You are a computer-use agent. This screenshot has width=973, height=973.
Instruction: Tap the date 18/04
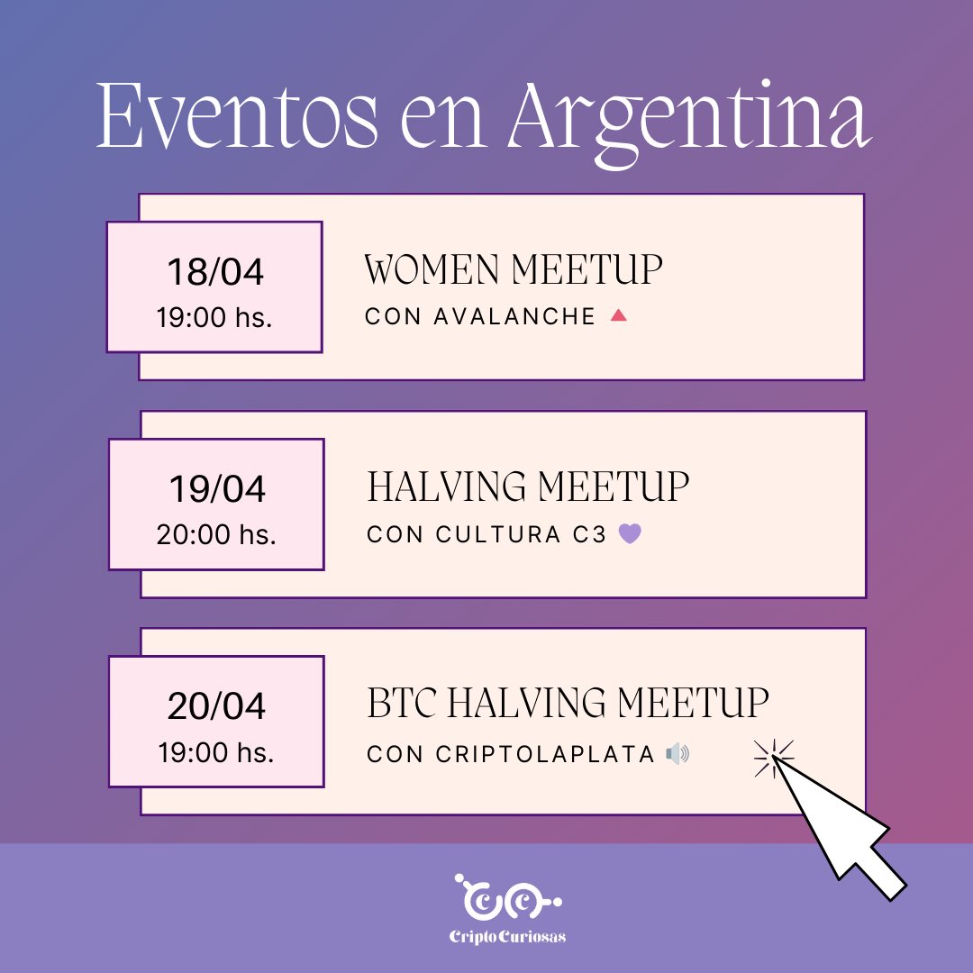click(216, 273)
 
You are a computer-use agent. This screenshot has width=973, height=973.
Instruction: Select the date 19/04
click(217, 489)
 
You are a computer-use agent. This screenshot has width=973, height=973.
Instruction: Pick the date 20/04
click(216, 706)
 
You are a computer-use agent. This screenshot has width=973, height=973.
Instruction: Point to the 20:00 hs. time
click(216, 534)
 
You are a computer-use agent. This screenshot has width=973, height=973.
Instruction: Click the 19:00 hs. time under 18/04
click(215, 317)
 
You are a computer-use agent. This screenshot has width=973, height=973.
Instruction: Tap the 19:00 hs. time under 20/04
click(216, 751)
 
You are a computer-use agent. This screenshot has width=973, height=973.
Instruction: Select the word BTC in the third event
click(402, 704)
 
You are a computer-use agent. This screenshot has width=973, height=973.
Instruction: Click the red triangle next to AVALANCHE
click(618, 316)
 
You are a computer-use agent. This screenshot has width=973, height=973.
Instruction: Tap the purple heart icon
click(631, 533)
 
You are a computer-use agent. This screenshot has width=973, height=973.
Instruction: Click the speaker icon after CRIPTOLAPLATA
click(677, 754)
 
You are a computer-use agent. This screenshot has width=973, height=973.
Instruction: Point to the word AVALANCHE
click(514, 317)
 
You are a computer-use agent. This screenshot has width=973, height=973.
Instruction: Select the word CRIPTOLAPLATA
click(545, 754)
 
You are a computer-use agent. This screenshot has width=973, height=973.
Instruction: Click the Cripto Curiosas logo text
click(507, 937)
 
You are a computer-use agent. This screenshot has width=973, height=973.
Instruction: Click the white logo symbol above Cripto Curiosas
click(507, 898)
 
